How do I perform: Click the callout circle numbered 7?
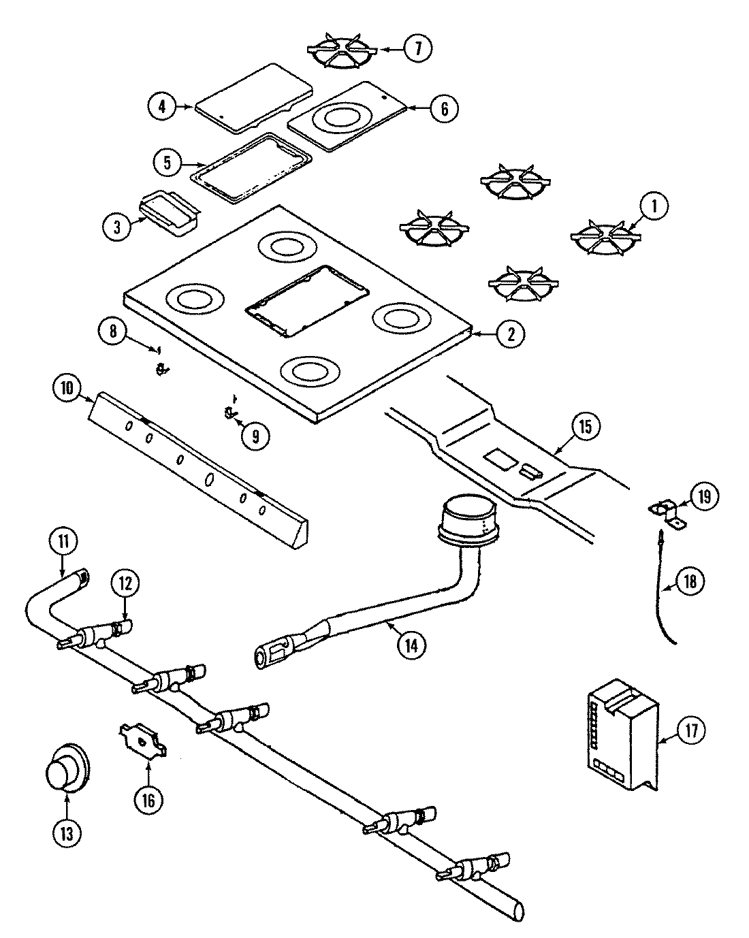point(415,48)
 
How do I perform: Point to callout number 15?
point(586,427)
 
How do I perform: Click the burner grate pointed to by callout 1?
point(605,238)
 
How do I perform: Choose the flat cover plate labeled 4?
point(253,97)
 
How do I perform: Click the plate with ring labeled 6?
point(347,116)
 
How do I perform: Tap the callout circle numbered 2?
point(511,333)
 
